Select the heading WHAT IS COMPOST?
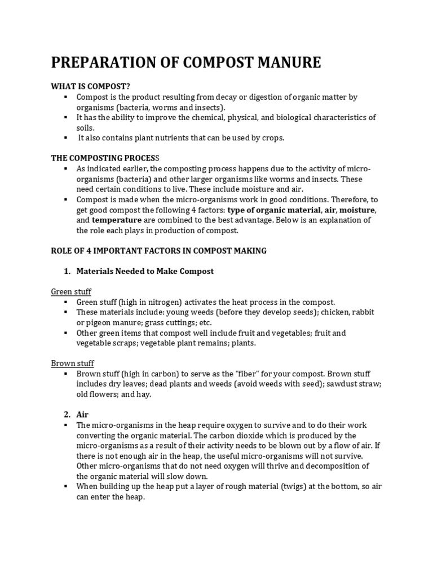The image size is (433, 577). point(91,86)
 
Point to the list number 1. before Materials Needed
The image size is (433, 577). point(67,271)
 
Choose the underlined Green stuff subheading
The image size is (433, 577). point(71,291)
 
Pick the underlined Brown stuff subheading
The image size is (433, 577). point(73,363)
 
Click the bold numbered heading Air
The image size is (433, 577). point(82,414)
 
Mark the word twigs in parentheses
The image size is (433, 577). point(293,486)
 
